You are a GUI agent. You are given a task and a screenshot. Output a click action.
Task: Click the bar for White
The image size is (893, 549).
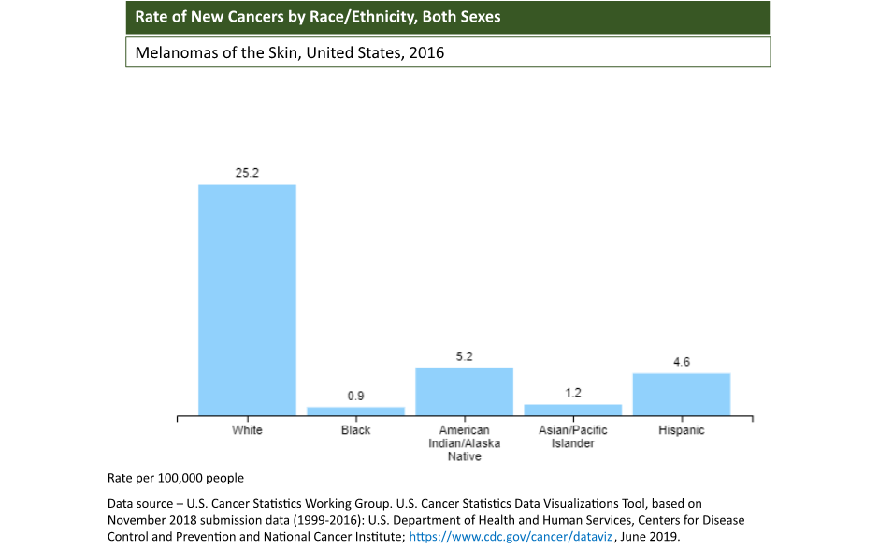tap(247, 299)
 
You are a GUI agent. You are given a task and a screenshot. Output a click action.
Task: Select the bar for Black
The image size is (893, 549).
tap(355, 411)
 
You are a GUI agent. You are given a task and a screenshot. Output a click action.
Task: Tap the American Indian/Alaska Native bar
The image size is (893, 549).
tap(464, 391)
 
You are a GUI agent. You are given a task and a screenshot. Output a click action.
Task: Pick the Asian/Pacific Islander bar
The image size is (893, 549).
tap(572, 410)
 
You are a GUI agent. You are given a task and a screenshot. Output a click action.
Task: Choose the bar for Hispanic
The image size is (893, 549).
tap(681, 394)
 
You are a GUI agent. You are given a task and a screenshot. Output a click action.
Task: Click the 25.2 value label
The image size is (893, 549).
tap(247, 173)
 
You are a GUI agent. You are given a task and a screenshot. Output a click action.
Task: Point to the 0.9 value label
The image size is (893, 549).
tap(355, 396)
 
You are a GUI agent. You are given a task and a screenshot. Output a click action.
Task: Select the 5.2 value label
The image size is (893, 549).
tap(464, 356)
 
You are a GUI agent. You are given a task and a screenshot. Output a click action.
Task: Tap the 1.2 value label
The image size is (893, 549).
tap(572, 393)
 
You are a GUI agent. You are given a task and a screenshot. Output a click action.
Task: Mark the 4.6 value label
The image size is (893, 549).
tap(681, 362)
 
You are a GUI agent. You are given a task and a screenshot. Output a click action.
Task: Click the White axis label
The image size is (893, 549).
tap(247, 430)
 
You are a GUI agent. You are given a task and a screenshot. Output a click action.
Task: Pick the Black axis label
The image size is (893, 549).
tap(355, 430)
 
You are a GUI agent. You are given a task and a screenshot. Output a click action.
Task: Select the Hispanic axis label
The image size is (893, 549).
tap(681, 430)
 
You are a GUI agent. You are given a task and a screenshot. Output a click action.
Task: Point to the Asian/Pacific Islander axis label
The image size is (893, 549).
tap(572, 437)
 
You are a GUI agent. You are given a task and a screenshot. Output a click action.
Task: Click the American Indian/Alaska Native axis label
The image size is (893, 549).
tap(464, 443)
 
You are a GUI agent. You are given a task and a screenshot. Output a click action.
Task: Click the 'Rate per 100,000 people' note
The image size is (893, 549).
tap(176, 478)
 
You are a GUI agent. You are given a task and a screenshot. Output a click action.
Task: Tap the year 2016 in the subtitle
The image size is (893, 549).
tap(425, 52)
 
